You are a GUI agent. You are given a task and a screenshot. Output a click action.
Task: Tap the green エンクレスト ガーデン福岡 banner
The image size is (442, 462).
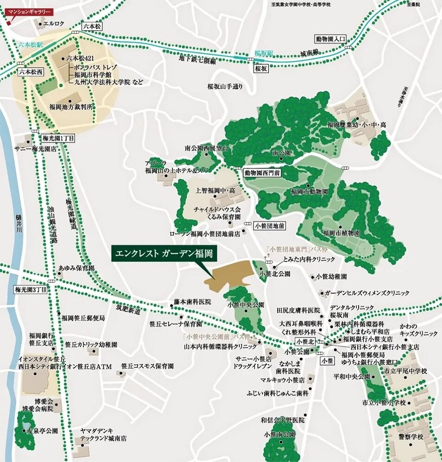click(x=165, y=254)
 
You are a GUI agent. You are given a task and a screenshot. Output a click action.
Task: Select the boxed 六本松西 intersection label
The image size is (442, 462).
click(x=31, y=73)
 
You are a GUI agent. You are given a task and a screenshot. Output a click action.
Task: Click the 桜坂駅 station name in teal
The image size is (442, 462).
click(x=264, y=54)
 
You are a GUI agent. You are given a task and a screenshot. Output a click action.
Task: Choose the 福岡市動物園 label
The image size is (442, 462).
click(x=310, y=191)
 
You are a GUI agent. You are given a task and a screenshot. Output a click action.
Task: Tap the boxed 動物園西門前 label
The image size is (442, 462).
click(x=263, y=172)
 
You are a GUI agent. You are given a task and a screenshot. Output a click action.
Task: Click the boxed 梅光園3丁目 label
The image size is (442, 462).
click(x=31, y=290)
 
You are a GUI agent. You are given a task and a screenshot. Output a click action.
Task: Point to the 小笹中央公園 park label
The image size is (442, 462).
click(x=246, y=305)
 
